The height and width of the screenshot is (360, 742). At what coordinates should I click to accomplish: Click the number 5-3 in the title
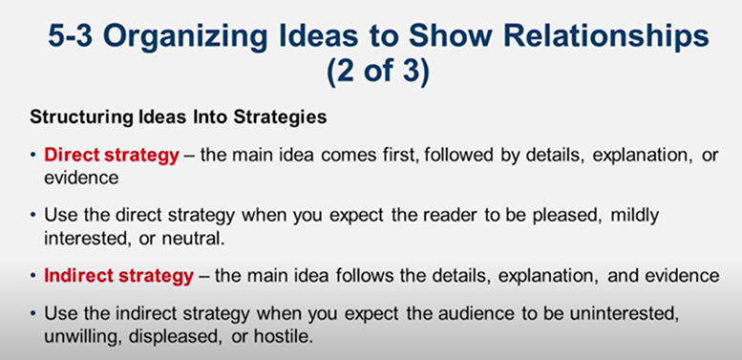coord(74,41)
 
